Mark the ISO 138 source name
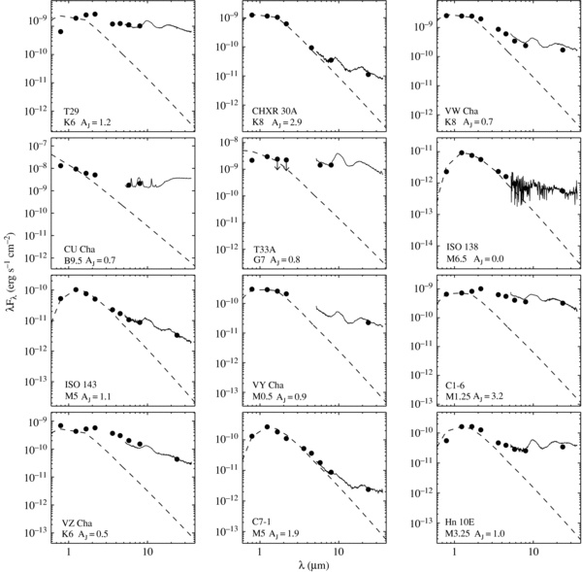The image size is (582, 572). coord(460,251)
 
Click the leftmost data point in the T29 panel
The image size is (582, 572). coord(61,31)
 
